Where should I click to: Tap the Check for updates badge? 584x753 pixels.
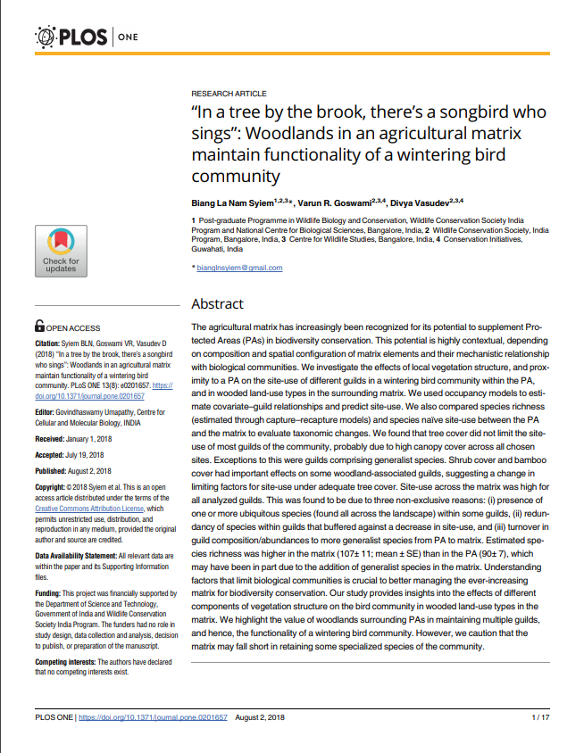(61, 250)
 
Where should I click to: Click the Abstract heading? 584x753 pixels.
(217, 302)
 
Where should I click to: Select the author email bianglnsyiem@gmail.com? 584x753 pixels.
(238, 268)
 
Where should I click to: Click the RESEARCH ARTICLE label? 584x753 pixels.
(229, 94)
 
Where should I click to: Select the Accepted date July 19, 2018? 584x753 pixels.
(92, 455)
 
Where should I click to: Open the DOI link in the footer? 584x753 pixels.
(153, 717)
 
